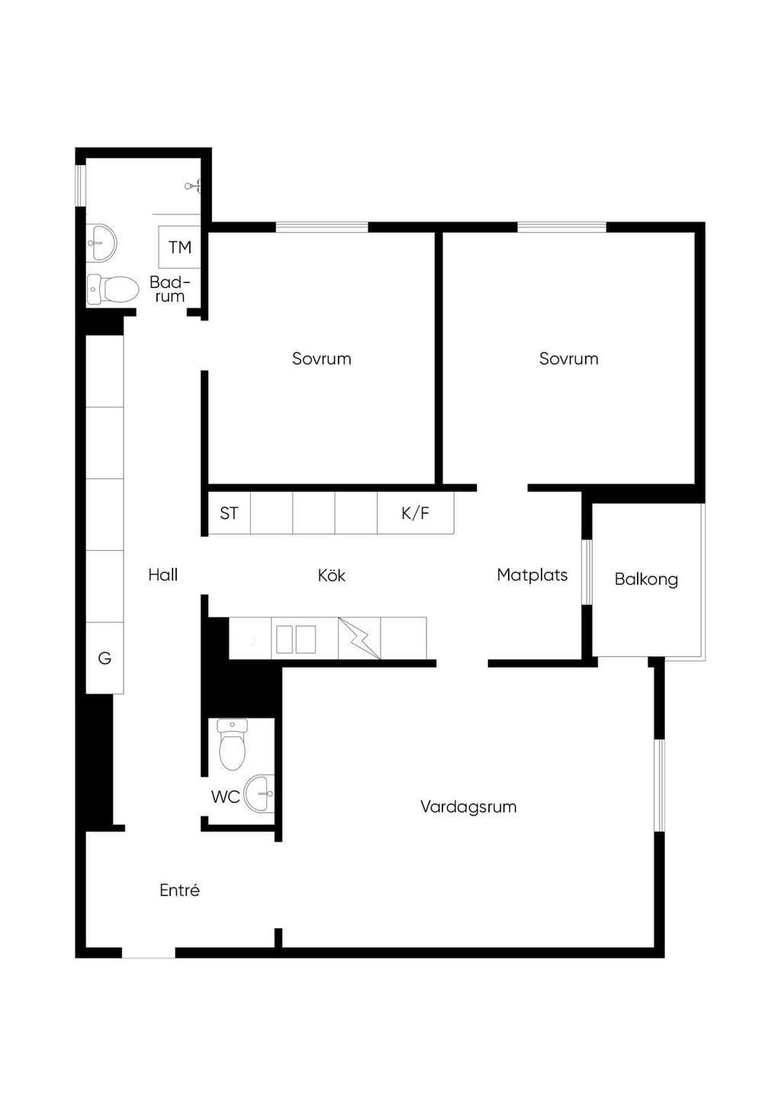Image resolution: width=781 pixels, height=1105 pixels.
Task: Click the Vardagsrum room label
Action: coord(468,807)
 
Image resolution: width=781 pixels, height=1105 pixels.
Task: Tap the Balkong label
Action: coord(646,579)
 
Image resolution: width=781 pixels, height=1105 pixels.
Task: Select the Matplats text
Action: coord(532,575)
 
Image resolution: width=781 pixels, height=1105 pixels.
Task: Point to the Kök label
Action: coord(331,575)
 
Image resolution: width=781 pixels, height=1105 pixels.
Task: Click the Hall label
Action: coord(162,575)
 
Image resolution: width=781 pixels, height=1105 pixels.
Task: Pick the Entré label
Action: coord(179,890)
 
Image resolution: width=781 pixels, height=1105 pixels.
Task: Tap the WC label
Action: coord(225,797)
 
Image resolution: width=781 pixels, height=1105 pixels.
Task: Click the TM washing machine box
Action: coord(179,247)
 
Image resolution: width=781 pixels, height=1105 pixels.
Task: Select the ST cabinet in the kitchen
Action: coord(230,513)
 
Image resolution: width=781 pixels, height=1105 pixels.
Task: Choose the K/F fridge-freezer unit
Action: coord(416,513)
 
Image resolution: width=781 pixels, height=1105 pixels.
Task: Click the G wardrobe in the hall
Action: coord(104,658)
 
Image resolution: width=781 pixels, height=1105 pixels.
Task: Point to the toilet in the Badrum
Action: coord(113,289)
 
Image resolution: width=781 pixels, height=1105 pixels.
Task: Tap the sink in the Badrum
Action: coord(101,243)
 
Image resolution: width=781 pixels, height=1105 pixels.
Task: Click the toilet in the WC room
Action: coord(232,744)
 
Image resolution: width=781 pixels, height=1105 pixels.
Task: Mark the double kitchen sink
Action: coord(296,639)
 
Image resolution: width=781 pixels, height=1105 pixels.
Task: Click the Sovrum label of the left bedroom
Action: coord(321,359)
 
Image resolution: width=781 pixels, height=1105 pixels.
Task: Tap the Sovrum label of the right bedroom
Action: coord(568,359)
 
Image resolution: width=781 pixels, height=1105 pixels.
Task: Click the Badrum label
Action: coord(169,289)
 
